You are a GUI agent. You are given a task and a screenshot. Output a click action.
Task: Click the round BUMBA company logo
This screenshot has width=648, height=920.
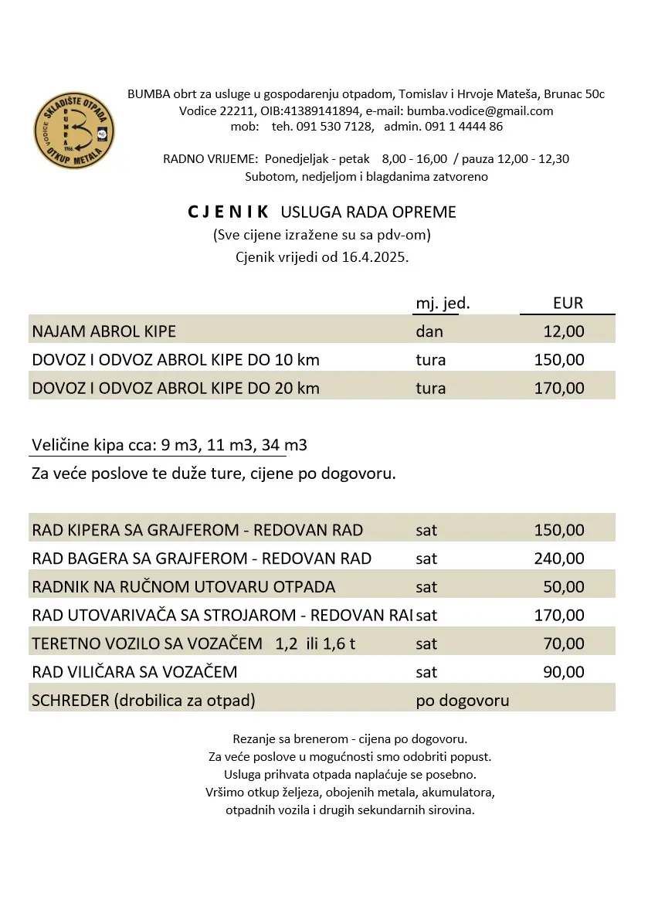click(x=74, y=132)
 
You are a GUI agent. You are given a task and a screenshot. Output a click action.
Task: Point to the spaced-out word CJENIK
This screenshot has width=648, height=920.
click(x=228, y=212)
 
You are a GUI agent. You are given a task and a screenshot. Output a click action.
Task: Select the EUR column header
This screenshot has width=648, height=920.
click(x=568, y=303)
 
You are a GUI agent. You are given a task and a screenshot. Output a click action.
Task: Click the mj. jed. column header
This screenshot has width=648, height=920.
click(x=443, y=304)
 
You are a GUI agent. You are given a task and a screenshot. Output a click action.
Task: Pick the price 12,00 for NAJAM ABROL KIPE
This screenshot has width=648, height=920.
click(x=565, y=331)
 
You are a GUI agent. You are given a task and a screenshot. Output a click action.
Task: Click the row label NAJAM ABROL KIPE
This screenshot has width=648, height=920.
click(x=103, y=331)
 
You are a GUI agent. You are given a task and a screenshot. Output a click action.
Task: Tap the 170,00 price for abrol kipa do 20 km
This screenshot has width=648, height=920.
click(x=559, y=388)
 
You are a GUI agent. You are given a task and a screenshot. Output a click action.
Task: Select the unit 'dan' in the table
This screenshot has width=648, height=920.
click(x=429, y=331)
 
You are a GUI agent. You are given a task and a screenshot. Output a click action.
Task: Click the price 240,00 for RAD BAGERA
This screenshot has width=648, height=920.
click(x=559, y=558)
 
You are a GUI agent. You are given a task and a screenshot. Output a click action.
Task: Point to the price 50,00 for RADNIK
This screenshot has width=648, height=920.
click(x=564, y=587)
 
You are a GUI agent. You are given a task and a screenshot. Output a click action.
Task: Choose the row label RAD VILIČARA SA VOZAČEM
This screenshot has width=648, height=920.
click(x=134, y=672)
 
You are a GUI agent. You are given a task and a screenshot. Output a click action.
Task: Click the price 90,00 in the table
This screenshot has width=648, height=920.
click(x=564, y=672)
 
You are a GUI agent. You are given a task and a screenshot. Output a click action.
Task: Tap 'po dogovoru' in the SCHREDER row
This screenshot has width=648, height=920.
click(x=463, y=701)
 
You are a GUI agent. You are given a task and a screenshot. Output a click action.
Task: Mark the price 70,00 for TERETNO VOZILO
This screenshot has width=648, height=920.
click(x=564, y=643)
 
